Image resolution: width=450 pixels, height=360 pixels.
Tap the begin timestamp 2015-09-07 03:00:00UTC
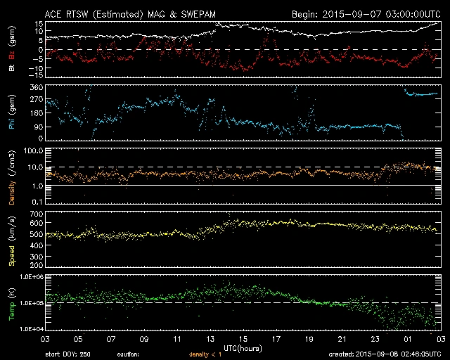366,14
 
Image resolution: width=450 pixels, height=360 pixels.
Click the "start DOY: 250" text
68,354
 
